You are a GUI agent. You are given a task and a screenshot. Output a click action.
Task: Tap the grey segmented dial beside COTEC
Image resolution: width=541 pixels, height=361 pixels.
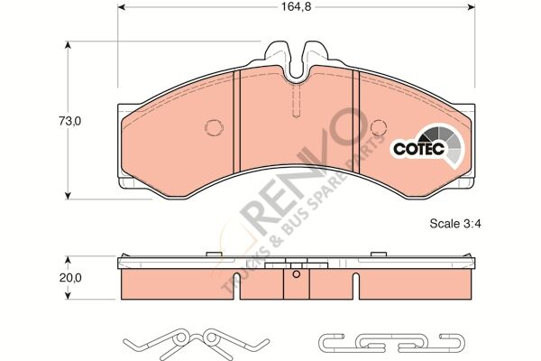point(451,141)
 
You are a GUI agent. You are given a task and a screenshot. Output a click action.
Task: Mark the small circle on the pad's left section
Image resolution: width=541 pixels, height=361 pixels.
point(213,127)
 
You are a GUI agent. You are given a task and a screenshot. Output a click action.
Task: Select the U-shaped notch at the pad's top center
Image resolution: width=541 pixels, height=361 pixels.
point(297,60)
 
